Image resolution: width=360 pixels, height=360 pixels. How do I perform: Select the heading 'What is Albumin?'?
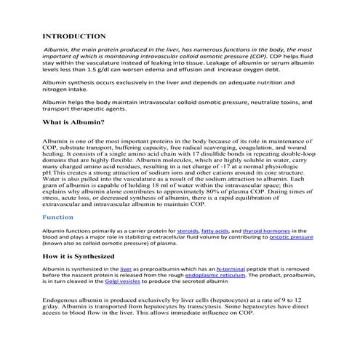73,122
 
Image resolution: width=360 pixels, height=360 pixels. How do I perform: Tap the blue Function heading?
58,217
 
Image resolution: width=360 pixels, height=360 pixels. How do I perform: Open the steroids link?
177,231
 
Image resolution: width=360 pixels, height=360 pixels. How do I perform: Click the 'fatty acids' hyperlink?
212,231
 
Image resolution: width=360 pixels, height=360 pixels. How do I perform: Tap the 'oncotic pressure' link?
291,236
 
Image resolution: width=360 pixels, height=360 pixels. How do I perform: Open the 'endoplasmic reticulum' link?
215,276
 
